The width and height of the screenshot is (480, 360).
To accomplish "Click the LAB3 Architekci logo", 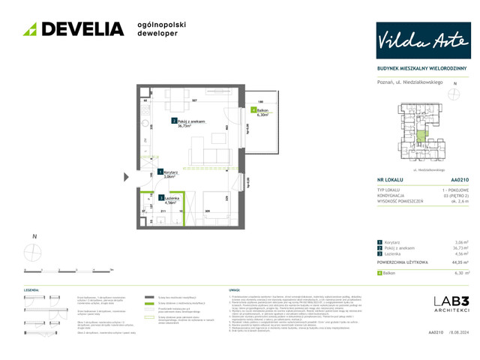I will [x=451, y=304].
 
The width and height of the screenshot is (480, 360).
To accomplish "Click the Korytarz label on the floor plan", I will [x=170, y=174].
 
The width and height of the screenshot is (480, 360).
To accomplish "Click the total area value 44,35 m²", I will [x=460, y=263].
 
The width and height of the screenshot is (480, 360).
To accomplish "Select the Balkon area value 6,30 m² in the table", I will [x=460, y=274].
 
